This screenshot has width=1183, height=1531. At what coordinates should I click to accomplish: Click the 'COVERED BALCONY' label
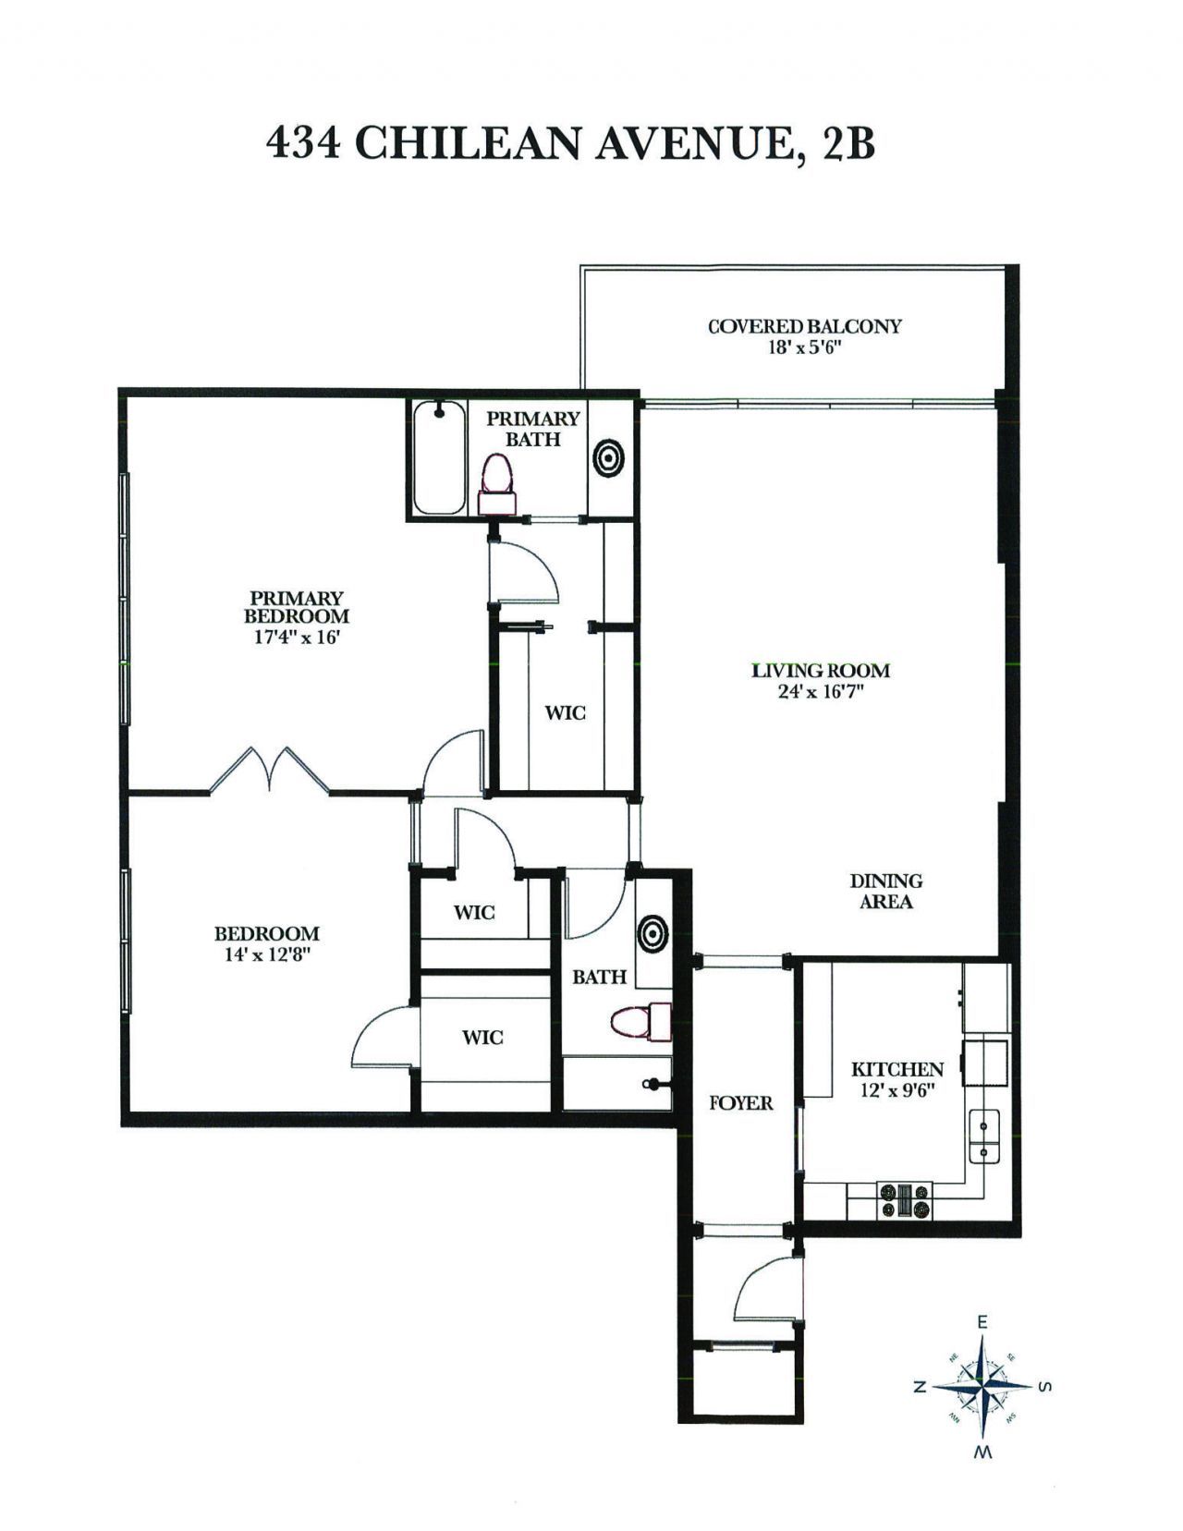click(804, 326)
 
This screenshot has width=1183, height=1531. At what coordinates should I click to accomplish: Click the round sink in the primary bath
click(608, 457)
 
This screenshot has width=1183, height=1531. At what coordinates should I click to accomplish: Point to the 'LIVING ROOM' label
click(820, 671)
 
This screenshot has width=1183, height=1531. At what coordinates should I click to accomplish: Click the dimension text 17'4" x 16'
click(296, 637)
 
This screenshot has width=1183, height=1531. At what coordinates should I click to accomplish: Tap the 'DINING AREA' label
click(885, 892)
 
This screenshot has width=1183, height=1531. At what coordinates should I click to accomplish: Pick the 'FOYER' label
click(741, 1103)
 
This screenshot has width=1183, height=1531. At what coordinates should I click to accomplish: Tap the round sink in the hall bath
click(652, 932)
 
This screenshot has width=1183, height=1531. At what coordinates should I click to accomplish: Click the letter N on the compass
click(921, 1387)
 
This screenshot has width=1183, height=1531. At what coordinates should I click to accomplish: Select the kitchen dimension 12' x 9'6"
click(896, 1089)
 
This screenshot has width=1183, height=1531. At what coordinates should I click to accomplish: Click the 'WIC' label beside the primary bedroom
click(564, 713)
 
